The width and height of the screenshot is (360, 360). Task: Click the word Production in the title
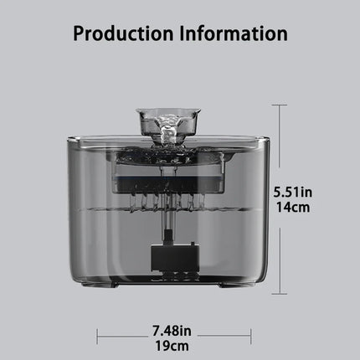123,33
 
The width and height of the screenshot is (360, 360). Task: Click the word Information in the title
234,33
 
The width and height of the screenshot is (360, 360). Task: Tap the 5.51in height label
293,193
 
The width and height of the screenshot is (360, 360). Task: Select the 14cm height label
293,208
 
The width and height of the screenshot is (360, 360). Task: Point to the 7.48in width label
172,331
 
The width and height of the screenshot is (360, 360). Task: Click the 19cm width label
172,346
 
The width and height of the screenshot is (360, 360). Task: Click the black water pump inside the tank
175,255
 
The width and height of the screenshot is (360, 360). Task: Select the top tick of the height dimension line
280,105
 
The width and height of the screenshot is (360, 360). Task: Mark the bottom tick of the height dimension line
280,294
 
